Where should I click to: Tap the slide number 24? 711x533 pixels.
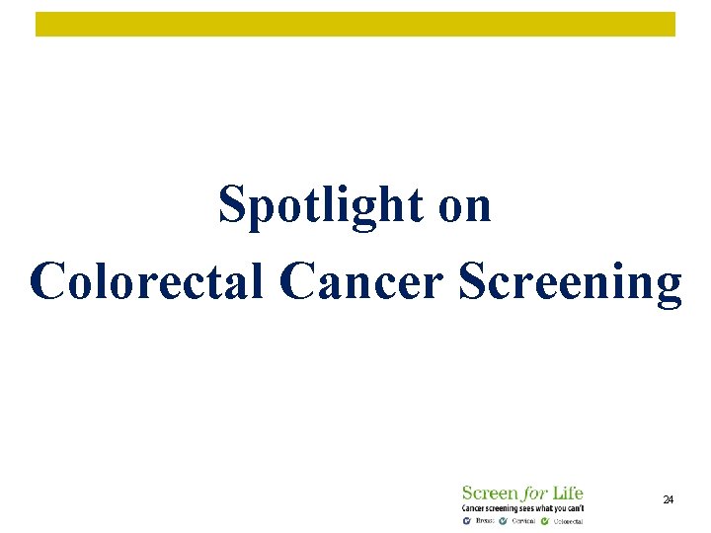pyautogui.click(x=668, y=501)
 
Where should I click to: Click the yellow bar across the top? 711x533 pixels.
pyautogui.click(x=355, y=24)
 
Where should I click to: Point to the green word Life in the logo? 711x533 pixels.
pyautogui.click(x=567, y=493)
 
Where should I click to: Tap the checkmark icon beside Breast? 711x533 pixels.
pyautogui.click(x=467, y=520)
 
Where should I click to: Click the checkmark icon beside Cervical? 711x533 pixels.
pyautogui.click(x=504, y=520)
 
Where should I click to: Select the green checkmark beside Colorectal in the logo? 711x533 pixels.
pyautogui.click(x=545, y=520)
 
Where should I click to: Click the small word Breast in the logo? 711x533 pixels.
pyautogui.click(x=484, y=520)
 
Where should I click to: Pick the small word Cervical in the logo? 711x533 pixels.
pyautogui.click(x=523, y=520)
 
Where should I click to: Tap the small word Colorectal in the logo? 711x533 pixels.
pyautogui.click(x=568, y=520)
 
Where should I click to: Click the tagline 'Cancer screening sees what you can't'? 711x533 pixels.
pyautogui.click(x=522, y=507)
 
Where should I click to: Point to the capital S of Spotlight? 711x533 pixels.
pyautogui.click(x=232, y=206)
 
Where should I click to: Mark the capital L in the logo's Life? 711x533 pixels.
pyautogui.click(x=556, y=493)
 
